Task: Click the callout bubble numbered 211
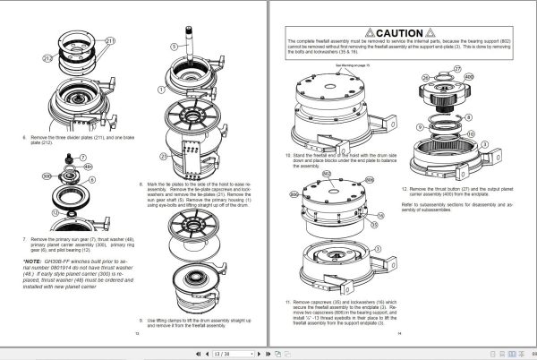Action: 111,40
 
